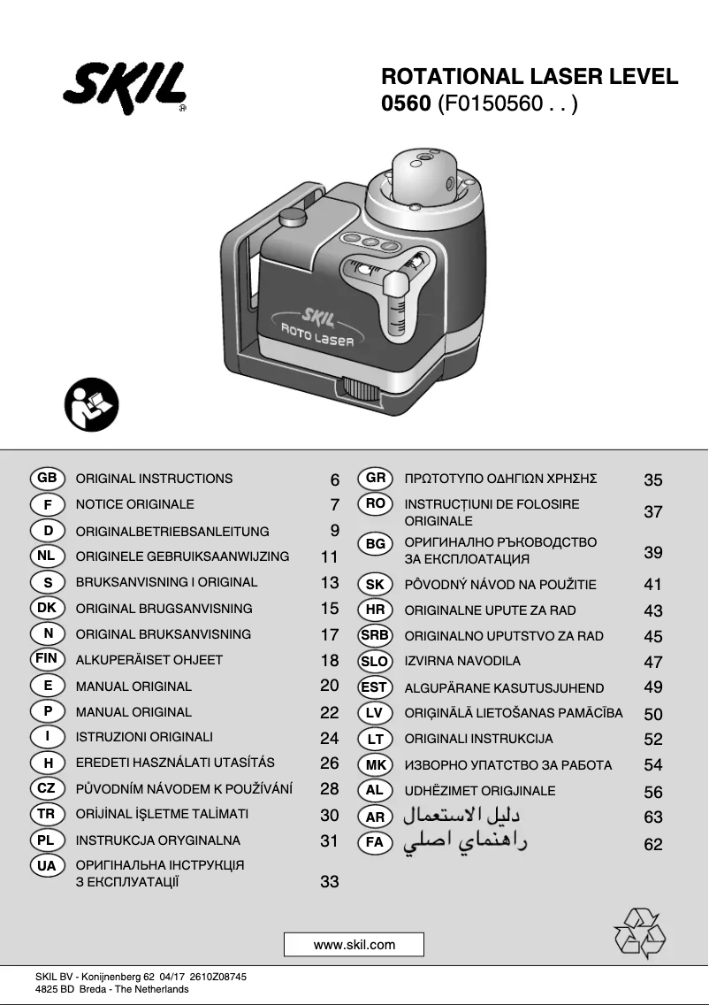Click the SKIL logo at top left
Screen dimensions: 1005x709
(125, 88)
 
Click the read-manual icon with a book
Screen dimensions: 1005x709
(91, 404)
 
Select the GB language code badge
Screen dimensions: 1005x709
(48, 479)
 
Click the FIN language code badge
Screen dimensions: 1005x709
(47, 659)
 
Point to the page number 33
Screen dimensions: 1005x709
(329, 882)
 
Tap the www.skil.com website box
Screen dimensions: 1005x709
(354, 945)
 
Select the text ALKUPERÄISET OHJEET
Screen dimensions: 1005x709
(149, 660)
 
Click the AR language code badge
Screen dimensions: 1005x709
(375, 817)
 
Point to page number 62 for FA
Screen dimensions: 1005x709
(653, 845)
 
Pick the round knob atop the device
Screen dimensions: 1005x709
(291, 218)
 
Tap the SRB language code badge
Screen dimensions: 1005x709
(375, 635)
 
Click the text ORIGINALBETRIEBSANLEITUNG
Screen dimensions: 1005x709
(172, 532)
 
